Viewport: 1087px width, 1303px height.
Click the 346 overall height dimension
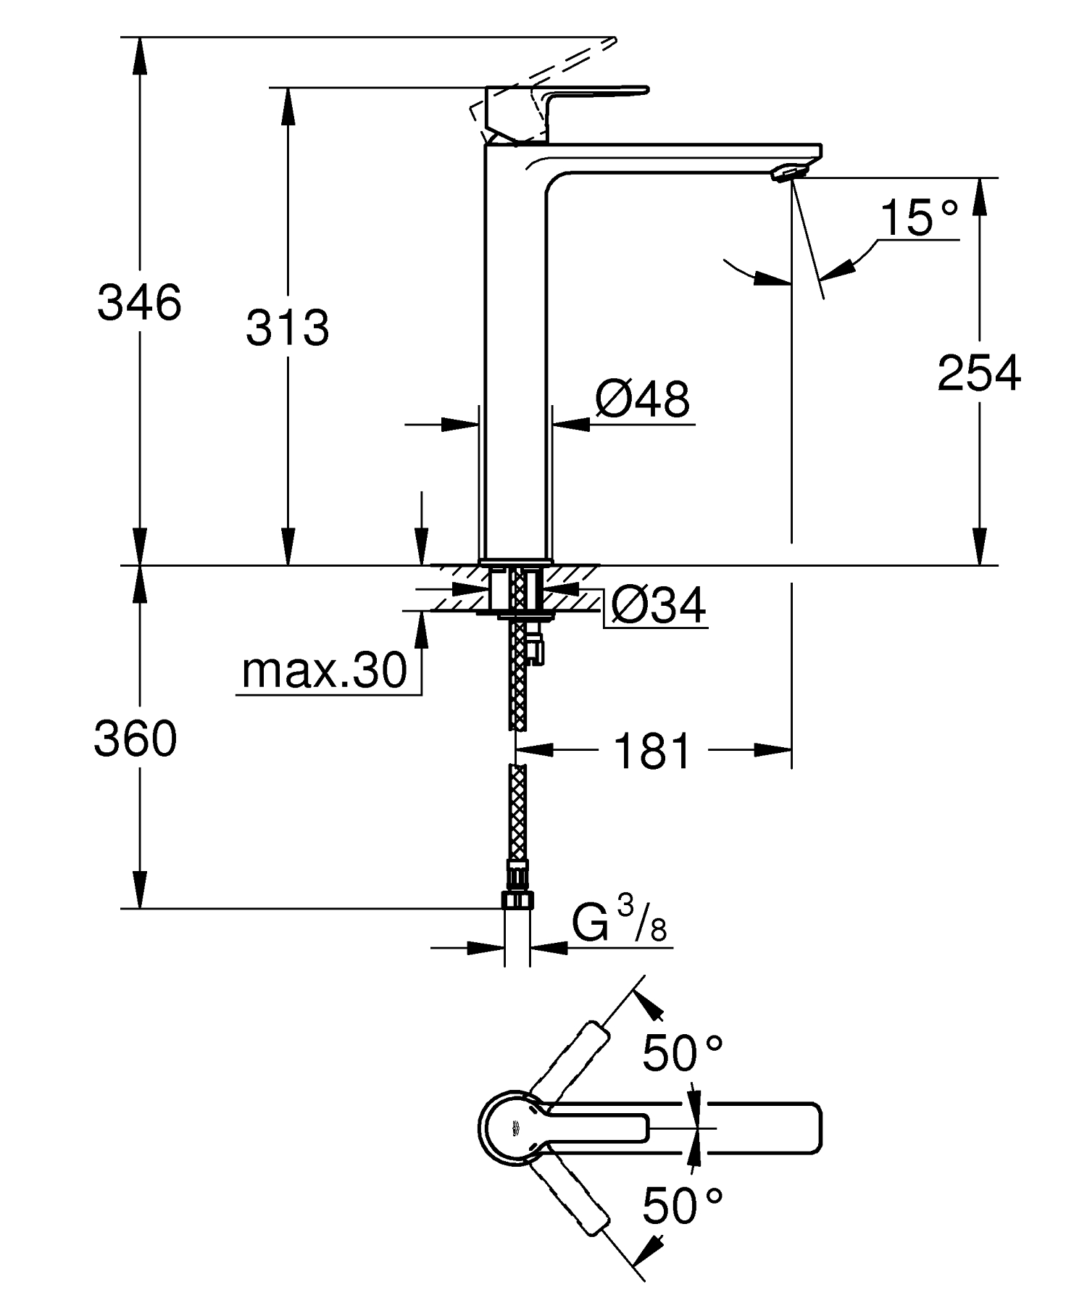(x=139, y=303)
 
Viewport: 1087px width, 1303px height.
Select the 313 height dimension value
(x=287, y=328)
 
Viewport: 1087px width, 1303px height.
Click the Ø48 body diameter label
(x=643, y=399)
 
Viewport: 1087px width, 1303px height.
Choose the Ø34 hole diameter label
(x=657, y=606)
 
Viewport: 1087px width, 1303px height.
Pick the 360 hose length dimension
(x=136, y=740)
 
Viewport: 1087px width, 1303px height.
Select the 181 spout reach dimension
(x=652, y=751)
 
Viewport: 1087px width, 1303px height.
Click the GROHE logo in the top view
(x=516, y=1128)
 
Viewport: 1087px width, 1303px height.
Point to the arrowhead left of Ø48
(x=461, y=425)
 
